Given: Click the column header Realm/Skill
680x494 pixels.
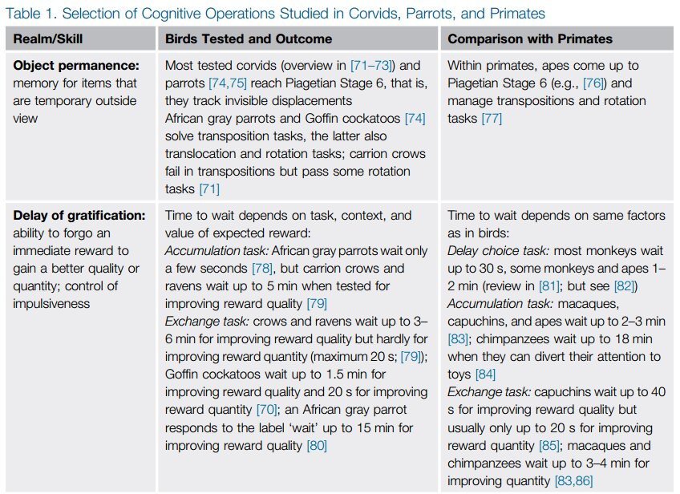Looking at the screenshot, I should coord(47,38).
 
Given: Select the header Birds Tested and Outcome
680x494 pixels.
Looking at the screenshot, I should coord(249,38).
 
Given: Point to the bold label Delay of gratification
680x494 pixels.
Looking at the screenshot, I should coord(79,215).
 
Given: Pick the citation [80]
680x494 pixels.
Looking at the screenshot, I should coord(317,445).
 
